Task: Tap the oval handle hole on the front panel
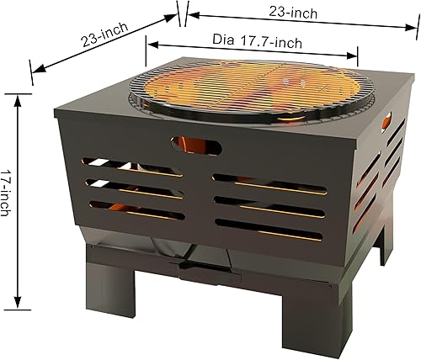197,146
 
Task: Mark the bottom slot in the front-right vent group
269,225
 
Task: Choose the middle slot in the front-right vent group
269,203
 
